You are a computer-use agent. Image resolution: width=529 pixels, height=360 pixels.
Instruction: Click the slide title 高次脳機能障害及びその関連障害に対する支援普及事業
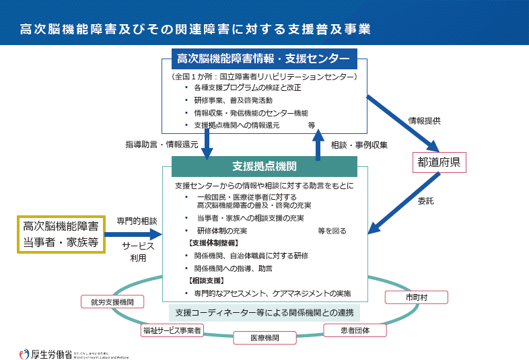(195, 29)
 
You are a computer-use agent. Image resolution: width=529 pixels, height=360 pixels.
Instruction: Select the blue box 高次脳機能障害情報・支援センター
(264, 59)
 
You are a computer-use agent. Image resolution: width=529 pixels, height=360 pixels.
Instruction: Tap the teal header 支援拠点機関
(264, 166)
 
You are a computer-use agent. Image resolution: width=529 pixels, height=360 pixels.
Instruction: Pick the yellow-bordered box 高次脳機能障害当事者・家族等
(61, 234)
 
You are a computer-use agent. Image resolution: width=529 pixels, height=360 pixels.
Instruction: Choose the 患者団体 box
(355, 330)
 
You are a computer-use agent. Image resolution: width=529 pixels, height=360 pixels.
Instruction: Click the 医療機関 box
(264, 337)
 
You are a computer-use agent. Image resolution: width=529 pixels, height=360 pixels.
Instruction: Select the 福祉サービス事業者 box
(172, 330)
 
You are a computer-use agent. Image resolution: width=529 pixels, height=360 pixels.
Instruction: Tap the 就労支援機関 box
(112, 302)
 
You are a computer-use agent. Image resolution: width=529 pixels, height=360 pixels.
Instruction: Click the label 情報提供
(424, 121)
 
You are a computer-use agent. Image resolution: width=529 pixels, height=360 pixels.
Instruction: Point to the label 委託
(425, 200)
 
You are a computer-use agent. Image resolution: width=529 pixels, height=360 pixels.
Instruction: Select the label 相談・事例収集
(359, 144)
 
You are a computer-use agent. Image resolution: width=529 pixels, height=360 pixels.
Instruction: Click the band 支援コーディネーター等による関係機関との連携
(264, 313)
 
